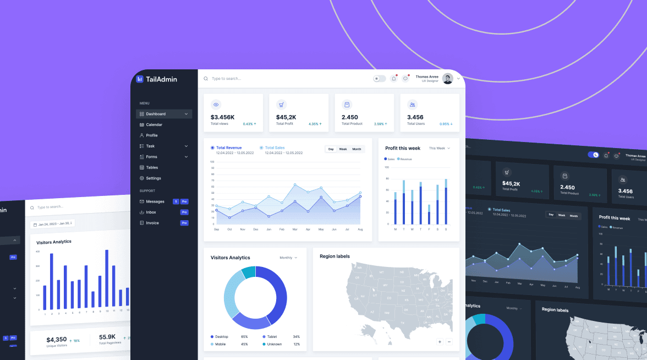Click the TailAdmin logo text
161,79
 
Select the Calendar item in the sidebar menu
154,125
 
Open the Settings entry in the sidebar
153,178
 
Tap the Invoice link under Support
152,223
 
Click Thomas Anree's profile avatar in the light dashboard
447,79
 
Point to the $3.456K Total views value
222,117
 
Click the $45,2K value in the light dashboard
286,117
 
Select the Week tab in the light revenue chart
343,149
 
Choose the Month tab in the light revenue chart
357,149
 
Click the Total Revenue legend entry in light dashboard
228,148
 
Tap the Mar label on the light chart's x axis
295,229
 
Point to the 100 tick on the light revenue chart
212,162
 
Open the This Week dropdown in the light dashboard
439,148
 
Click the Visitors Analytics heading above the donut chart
230,258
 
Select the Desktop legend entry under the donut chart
221,336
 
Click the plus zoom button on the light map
440,342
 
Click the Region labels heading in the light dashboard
335,257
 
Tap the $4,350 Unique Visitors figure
56,340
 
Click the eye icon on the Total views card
216,105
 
